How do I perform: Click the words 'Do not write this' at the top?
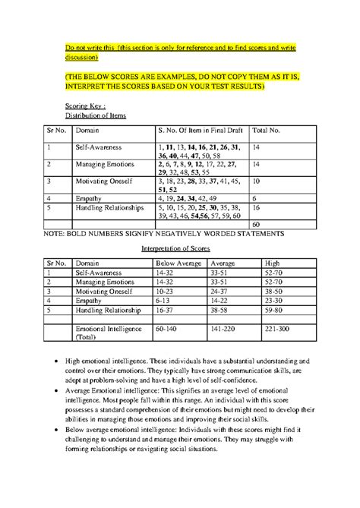tap(87, 48)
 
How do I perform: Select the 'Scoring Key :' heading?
tap(87, 106)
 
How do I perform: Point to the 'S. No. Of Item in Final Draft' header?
tap(191, 131)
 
